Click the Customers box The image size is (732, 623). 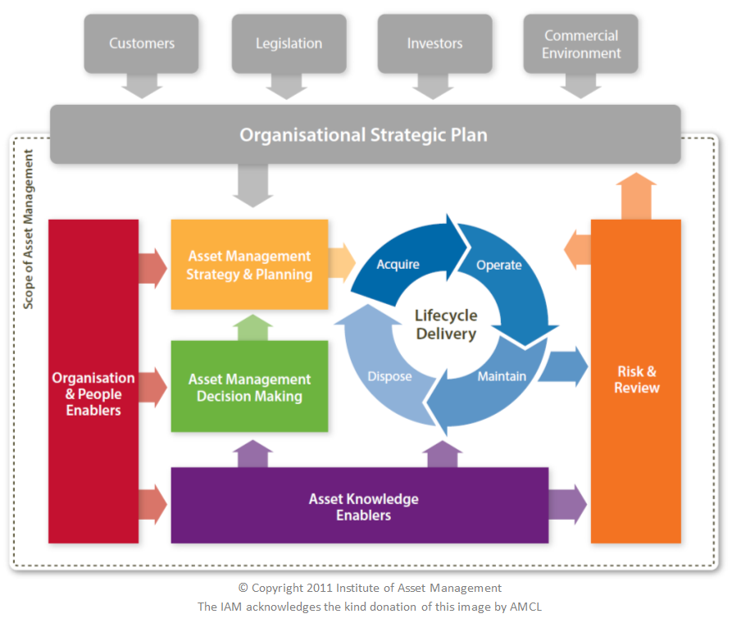pyautogui.click(x=142, y=43)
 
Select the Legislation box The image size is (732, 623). pyautogui.click(x=289, y=43)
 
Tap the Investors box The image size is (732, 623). pyautogui.click(x=434, y=43)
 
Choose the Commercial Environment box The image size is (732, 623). pyautogui.click(x=581, y=44)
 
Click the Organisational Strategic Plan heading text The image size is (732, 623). pyautogui.click(x=363, y=134)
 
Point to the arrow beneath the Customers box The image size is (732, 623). pyautogui.click(x=142, y=85)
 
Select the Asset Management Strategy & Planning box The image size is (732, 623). pyautogui.click(x=249, y=265)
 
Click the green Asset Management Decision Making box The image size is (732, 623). pyautogui.click(x=249, y=387)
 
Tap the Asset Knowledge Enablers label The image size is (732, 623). pyautogui.click(x=363, y=507)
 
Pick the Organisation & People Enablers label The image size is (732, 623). pyautogui.click(x=93, y=393)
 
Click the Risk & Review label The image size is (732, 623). pyautogui.click(x=636, y=380)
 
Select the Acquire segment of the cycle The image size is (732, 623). pyautogui.click(x=398, y=264)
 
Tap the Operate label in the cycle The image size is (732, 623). pyautogui.click(x=498, y=265)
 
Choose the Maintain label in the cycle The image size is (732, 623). pyautogui.click(x=502, y=377)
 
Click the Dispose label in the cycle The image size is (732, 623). pyautogui.click(x=389, y=377)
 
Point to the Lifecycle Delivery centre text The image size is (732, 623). pyautogui.click(x=445, y=325)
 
